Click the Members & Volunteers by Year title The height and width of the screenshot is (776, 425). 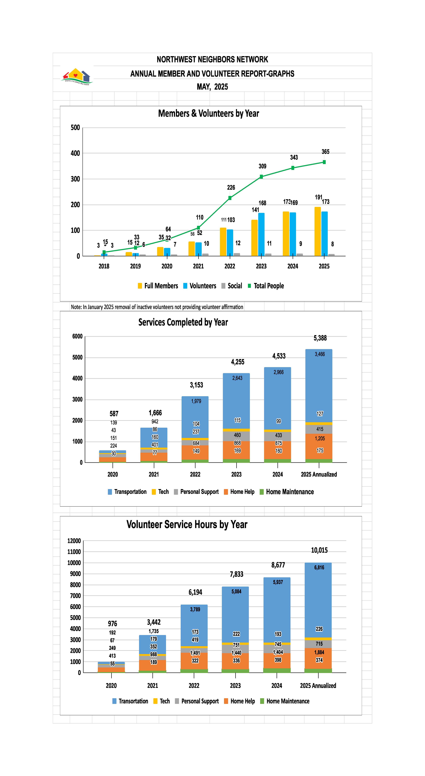click(x=208, y=114)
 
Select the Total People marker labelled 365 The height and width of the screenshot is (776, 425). click(x=324, y=162)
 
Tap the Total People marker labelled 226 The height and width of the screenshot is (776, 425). click(x=230, y=198)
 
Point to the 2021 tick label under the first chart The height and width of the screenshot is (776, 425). click(x=198, y=266)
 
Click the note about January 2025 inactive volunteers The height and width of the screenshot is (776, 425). click(x=157, y=307)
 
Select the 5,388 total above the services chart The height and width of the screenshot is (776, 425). click(x=320, y=338)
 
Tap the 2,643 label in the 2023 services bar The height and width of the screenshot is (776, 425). click(x=237, y=378)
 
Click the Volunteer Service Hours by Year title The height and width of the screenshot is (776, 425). click(x=187, y=524)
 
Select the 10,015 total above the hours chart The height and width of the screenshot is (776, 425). click(x=319, y=550)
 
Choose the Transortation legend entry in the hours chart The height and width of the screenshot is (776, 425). click(x=130, y=701)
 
